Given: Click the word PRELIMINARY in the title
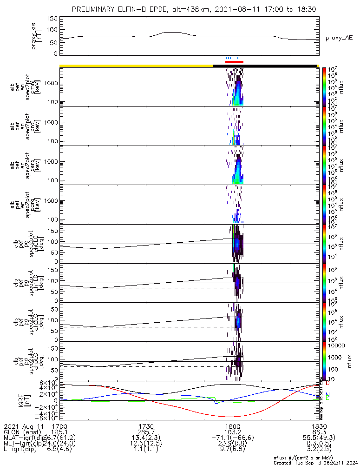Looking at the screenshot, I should [x=96, y=10].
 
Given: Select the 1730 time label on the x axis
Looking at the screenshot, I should [x=146, y=426].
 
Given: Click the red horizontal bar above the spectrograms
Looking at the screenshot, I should [x=234, y=61].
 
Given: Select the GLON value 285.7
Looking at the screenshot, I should [x=146, y=432].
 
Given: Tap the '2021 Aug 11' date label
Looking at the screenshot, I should [x=23, y=426].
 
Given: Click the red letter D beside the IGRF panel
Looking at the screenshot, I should [x=327, y=384].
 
